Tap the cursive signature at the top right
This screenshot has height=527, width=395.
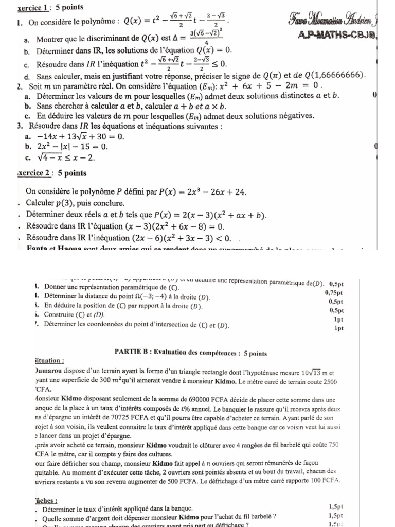pyautogui.click(x=339, y=22)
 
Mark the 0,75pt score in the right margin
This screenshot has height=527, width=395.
pyautogui.click(x=334, y=293)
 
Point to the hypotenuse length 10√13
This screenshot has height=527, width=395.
pyautogui.click(x=304, y=372)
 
